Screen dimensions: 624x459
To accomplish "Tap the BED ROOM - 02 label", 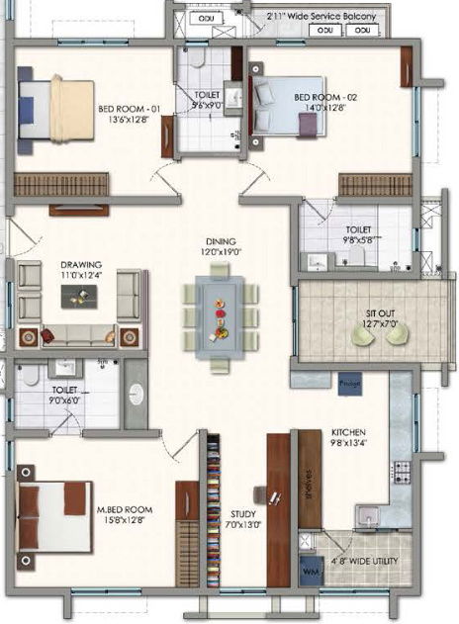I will (x=320, y=97).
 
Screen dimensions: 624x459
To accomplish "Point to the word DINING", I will (x=220, y=240).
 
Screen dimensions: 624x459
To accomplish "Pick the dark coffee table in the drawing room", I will (x=79, y=296).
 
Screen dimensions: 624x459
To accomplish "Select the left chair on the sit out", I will (x=365, y=336).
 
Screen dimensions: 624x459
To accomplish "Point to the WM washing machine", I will (x=310, y=573).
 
